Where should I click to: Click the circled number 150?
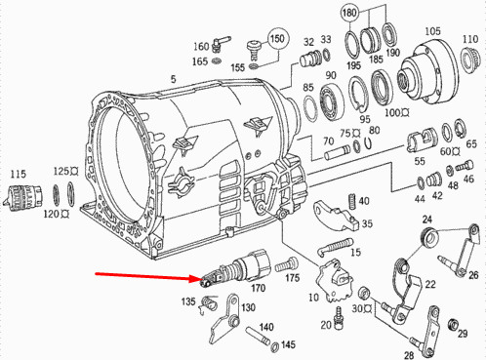coord(278,39)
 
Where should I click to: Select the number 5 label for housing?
coord(173,80)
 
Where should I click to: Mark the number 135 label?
coord(188,301)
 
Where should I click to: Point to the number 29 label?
coord(462,335)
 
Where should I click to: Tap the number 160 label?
coord(201,46)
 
